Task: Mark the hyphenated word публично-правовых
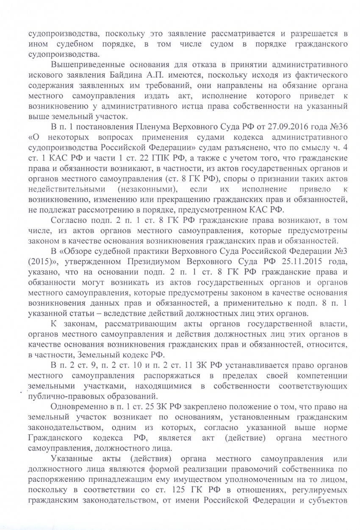tap(63, 397)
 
